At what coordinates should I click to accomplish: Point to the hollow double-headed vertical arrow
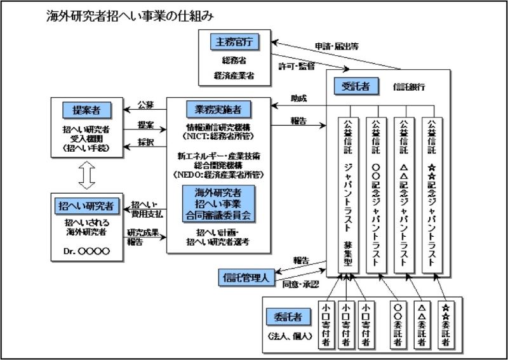point(88,172)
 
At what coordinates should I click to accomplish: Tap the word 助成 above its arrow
point(298,99)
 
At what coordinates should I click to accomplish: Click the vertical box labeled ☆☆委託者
point(445,323)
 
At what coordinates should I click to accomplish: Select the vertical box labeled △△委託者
point(420,323)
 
